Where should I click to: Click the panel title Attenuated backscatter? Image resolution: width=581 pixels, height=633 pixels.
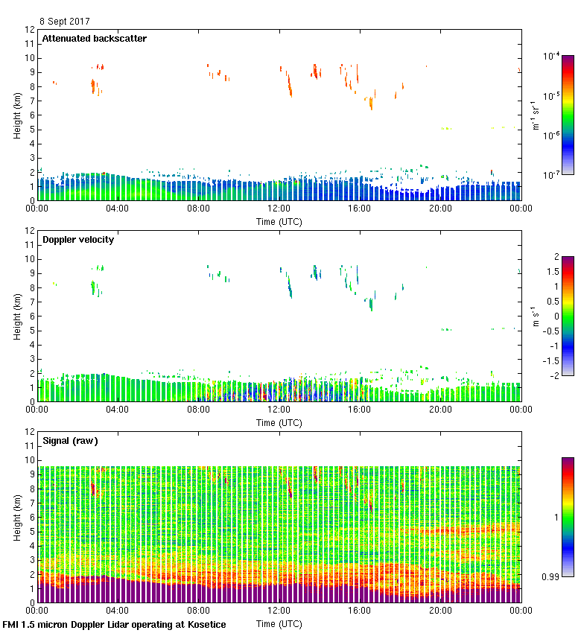94,39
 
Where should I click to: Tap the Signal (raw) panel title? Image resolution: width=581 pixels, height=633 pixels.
70,441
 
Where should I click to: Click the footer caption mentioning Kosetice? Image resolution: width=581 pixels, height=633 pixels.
114,625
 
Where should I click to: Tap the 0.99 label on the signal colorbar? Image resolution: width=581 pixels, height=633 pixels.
550,576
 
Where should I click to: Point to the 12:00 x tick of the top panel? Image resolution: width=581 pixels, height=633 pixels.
279,209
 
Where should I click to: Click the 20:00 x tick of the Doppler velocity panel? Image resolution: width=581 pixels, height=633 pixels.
440,410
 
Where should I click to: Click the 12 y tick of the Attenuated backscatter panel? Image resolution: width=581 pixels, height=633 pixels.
31,30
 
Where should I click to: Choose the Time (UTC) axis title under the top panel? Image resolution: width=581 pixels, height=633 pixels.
279,221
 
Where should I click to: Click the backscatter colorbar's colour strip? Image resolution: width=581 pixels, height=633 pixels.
568,115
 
